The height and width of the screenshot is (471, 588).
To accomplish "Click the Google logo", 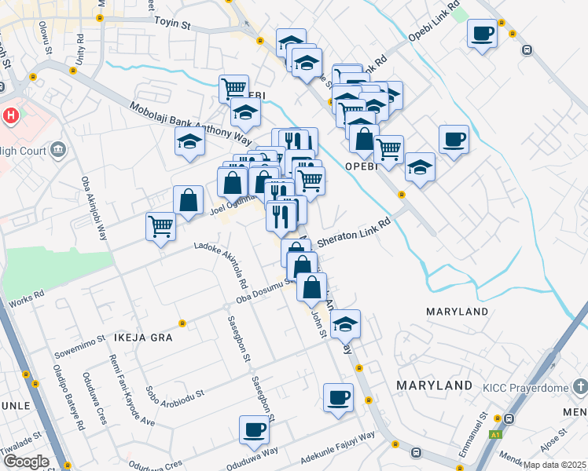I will point(25,462).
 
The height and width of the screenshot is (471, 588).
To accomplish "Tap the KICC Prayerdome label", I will point(525,386).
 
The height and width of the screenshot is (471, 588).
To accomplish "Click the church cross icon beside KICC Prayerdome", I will point(580,386).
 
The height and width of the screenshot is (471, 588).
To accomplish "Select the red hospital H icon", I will point(11,115).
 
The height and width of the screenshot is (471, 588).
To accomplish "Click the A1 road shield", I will point(495,434).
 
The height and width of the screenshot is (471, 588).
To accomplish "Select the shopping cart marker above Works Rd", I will point(161,227).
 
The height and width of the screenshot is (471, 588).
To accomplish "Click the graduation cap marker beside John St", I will point(345,324).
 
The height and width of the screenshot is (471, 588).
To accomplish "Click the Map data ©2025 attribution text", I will point(555,465).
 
